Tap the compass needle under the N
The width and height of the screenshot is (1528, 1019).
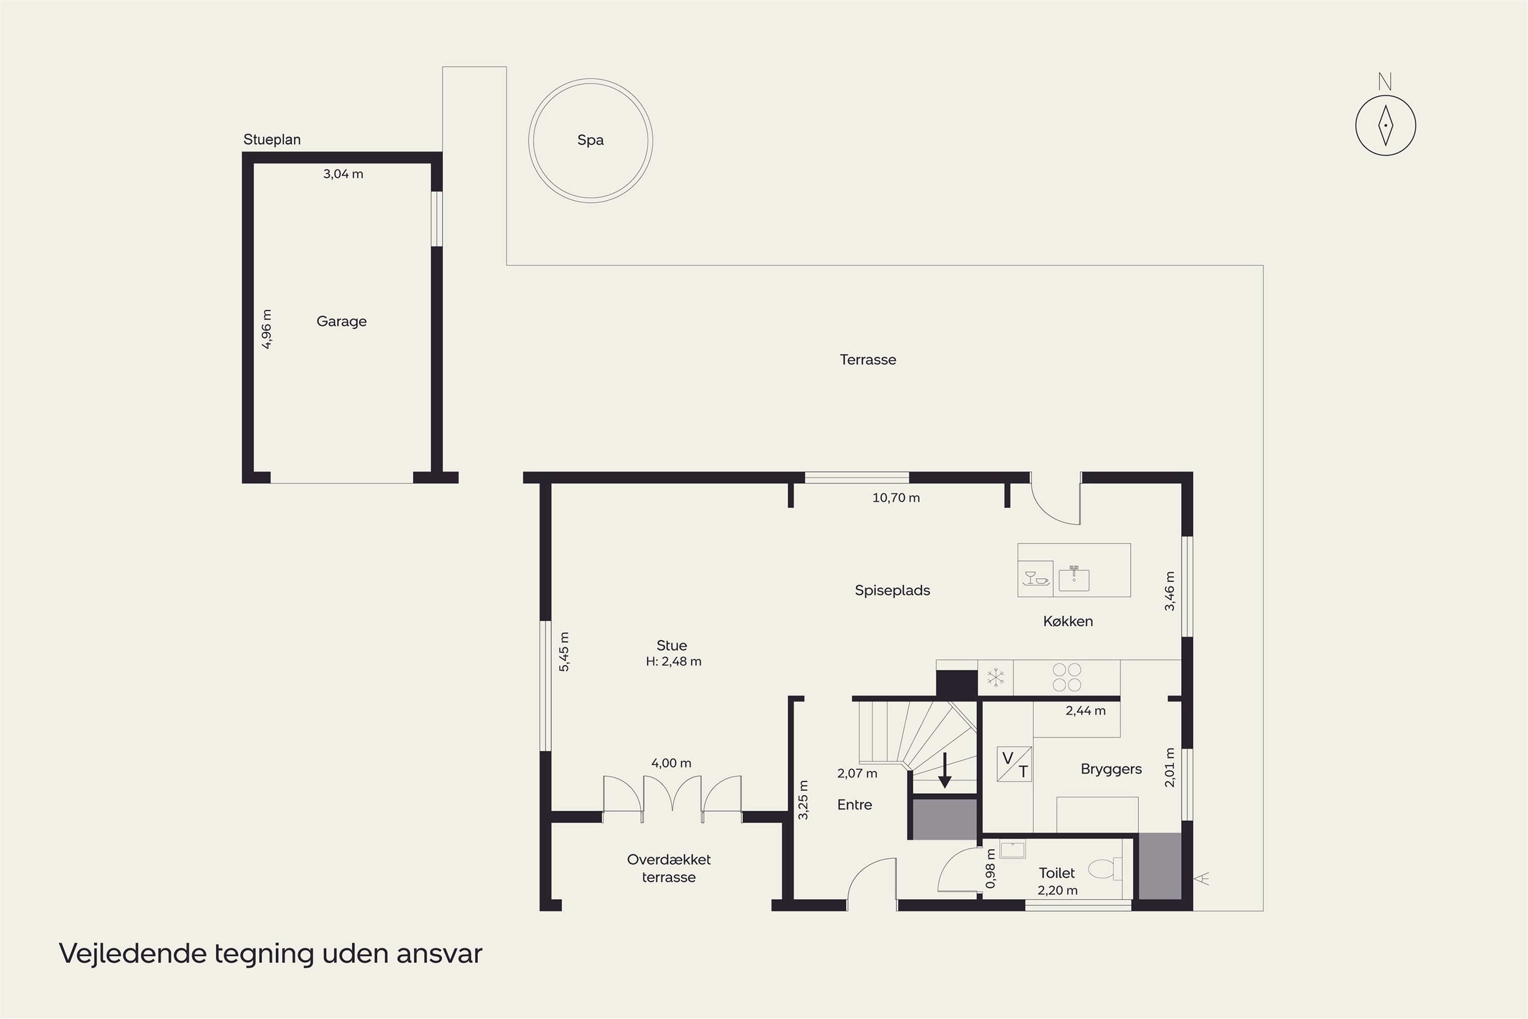1386,125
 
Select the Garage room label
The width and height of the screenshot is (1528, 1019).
342,321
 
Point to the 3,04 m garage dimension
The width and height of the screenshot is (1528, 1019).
343,174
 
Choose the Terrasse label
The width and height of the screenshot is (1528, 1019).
868,359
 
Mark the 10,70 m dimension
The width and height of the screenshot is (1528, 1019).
896,498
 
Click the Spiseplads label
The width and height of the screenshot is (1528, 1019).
893,591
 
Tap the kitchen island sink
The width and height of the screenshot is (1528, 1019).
1074,578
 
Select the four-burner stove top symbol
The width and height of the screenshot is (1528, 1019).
1067,677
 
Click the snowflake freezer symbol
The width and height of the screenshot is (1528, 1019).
995,678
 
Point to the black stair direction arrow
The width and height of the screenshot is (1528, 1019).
945,771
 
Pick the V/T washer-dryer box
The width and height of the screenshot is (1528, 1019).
1014,764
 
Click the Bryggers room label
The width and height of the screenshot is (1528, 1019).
1111,769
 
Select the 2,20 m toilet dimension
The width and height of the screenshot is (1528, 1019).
1058,890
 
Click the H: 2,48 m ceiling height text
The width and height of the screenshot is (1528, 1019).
674,661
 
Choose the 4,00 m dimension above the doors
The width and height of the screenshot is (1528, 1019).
671,763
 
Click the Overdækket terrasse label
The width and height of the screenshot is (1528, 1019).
669,868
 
